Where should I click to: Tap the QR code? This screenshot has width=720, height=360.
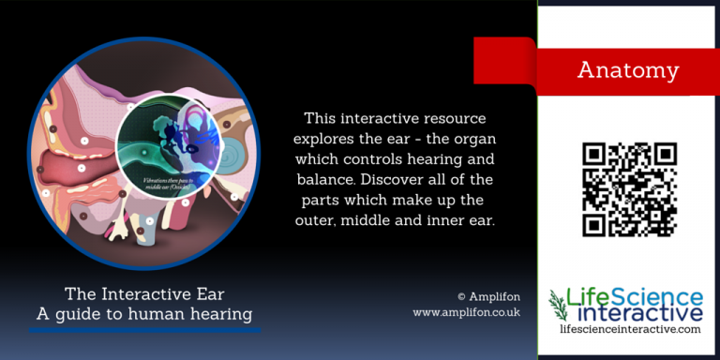click(629, 189)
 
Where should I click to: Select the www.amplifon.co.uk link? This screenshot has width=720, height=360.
click(466, 311)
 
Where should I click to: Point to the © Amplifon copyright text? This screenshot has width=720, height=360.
click(487, 292)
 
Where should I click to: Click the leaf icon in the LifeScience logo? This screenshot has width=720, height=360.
click(559, 305)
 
